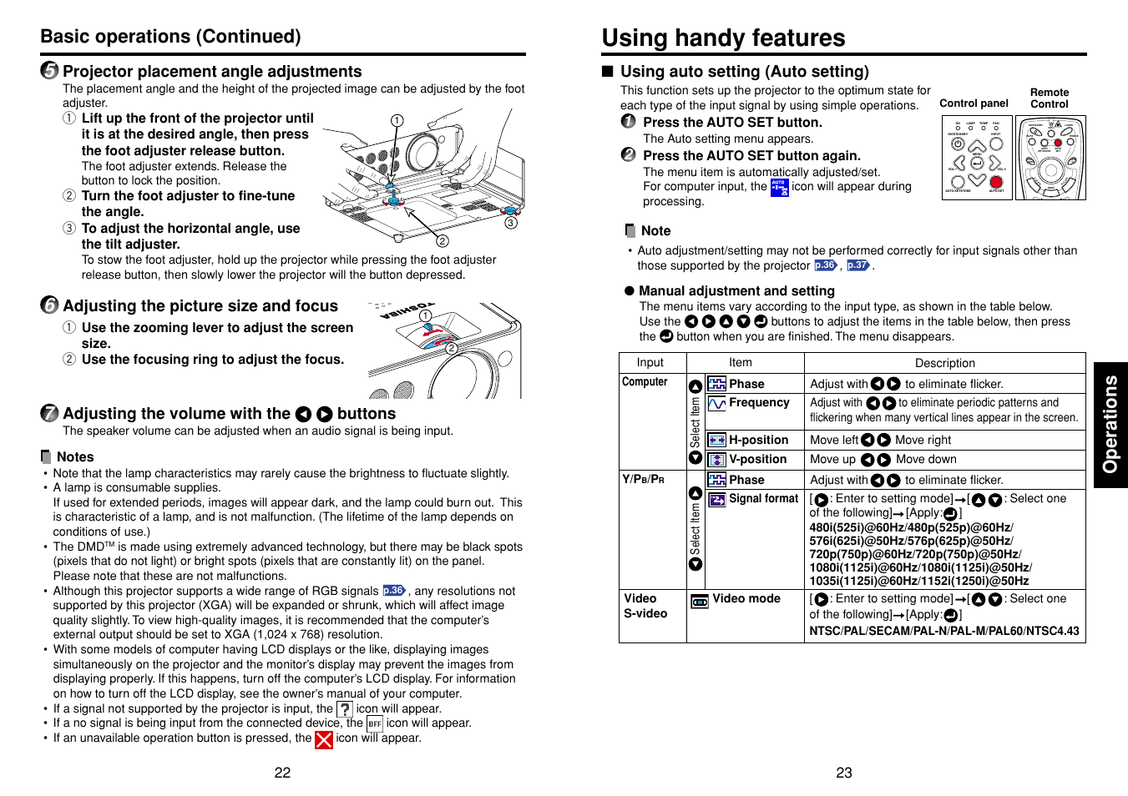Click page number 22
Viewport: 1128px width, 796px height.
282,773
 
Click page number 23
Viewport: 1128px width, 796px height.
844,773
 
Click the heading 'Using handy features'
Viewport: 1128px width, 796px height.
723,38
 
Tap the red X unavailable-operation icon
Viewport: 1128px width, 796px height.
324,739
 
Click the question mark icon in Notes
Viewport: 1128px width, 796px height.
345,709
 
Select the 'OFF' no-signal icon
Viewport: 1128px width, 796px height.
375,724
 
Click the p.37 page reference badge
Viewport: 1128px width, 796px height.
857,265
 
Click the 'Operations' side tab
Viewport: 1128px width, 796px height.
1110,425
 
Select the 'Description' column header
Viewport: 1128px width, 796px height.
944,363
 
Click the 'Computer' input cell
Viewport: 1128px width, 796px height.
645,382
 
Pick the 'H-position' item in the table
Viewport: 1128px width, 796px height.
757,440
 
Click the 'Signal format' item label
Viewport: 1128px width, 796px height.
763,499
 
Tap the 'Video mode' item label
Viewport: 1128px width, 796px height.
746,599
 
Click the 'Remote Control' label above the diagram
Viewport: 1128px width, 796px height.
1049,98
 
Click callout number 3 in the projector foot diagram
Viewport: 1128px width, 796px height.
511,223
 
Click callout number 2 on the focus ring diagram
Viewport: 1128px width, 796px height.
451,349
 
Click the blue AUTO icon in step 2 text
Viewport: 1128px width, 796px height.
779,188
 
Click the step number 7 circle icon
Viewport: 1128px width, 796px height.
50,414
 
